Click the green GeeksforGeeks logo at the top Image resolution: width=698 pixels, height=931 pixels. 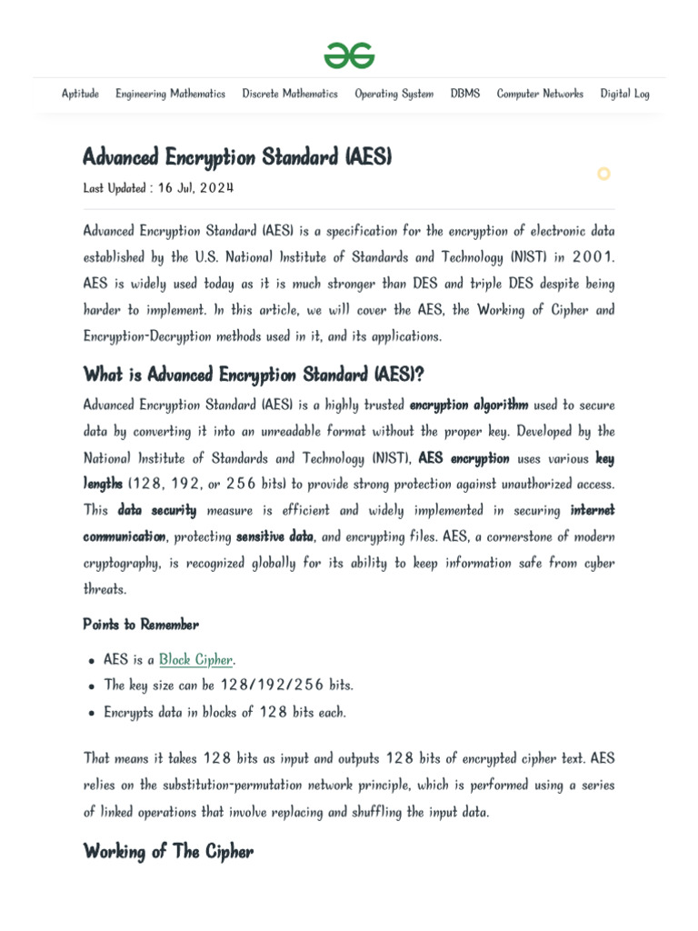point(349,56)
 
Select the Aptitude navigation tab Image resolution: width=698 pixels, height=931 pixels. point(80,94)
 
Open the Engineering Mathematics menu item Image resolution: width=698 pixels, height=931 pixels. point(170,94)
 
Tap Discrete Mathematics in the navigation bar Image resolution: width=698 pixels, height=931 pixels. point(289,94)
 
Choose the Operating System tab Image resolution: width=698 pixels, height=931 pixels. point(394,94)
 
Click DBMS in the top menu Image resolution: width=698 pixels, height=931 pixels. point(464,94)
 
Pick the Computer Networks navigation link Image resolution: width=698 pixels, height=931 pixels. point(540,94)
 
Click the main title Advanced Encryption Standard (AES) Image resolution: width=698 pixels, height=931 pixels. point(236,158)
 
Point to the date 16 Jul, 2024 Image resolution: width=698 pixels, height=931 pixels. point(195,188)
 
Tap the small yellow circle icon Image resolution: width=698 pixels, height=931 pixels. point(603,174)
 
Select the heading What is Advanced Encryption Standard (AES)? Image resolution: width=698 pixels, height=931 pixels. point(254,375)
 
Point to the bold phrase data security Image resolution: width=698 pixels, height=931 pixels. point(156,510)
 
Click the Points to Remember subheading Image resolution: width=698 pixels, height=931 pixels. point(141,625)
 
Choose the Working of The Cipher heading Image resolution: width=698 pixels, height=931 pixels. point(168,852)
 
